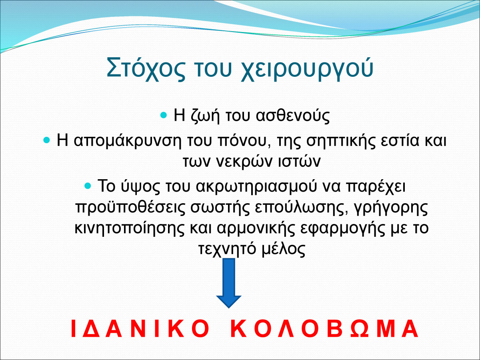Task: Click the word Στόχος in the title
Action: [146, 68]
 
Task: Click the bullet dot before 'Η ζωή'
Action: [164, 115]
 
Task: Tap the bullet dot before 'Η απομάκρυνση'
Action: [46, 140]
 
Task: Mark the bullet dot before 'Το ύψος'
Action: [88, 186]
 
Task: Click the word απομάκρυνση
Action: [128, 140]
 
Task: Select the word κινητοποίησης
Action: [130, 228]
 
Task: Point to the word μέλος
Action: [283, 249]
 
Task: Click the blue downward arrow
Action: [229, 283]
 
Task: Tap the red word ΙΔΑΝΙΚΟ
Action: [140, 329]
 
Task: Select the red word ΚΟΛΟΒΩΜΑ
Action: [324, 329]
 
